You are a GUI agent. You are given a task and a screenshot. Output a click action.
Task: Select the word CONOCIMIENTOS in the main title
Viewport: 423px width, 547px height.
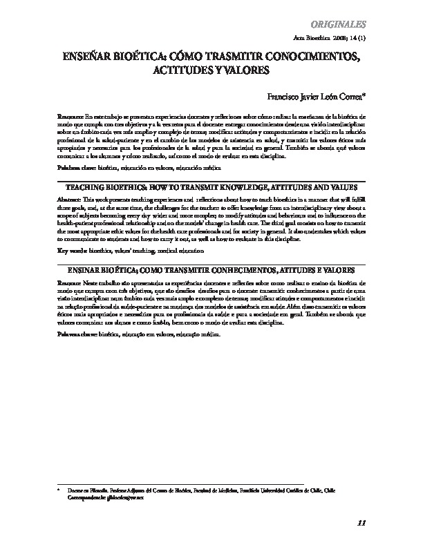coord(313,57)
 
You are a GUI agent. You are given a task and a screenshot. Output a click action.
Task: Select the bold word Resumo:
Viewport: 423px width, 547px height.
coord(68,283)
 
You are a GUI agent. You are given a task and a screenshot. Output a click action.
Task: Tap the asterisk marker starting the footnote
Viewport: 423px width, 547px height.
coord(59,488)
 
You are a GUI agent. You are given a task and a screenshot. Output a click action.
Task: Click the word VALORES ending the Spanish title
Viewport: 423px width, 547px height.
coord(241,70)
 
